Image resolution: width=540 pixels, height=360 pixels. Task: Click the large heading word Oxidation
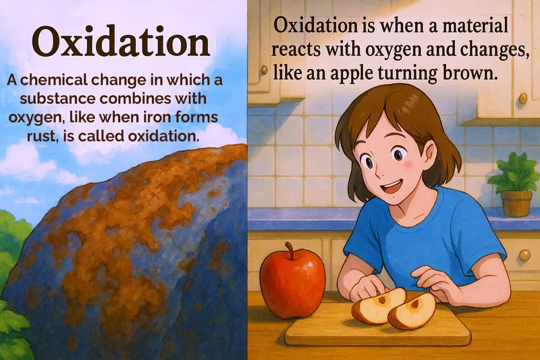click(x=122, y=42)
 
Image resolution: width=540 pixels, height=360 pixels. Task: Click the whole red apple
click(x=292, y=283)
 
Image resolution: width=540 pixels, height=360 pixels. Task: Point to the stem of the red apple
click(x=290, y=251)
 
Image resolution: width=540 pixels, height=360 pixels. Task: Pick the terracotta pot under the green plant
click(x=516, y=203)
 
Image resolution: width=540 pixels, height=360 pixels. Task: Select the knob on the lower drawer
click(x=524, y=255)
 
